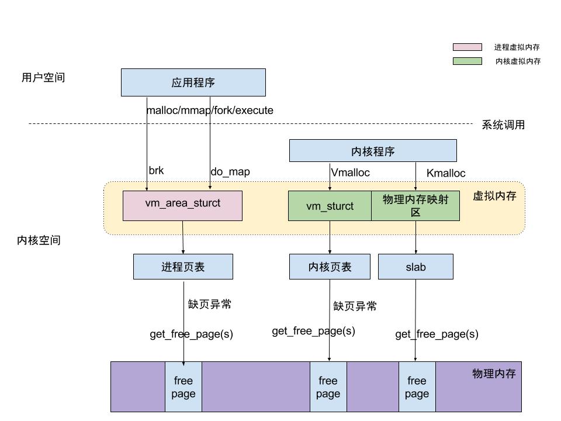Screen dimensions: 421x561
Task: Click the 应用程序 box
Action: (193, 82)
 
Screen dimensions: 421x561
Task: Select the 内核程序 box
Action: (373, 151)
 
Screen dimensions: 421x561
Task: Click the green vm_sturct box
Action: (330, 206)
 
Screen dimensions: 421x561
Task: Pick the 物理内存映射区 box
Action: (415, 206)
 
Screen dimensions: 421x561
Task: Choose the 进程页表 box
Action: (183, 267)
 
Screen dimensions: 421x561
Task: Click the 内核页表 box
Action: (330, 267)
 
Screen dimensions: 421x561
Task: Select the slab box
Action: (415, 267)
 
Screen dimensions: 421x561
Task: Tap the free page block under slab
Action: (417, 387)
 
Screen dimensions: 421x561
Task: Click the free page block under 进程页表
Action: (183, 387)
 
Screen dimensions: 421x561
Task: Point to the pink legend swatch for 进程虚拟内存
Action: (467, 47)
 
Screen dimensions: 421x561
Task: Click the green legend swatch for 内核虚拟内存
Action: (467, 61)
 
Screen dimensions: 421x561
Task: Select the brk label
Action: (156, 171)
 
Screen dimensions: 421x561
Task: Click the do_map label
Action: (230, 172)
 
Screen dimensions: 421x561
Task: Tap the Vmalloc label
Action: (351, 172)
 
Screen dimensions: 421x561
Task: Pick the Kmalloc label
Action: (446, 173)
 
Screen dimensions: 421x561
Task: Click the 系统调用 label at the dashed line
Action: (503, 125)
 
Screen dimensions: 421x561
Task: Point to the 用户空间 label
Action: (43, 77)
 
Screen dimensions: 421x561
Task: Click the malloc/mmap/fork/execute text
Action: (209, 110)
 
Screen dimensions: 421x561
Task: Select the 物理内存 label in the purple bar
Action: (494, 373)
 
